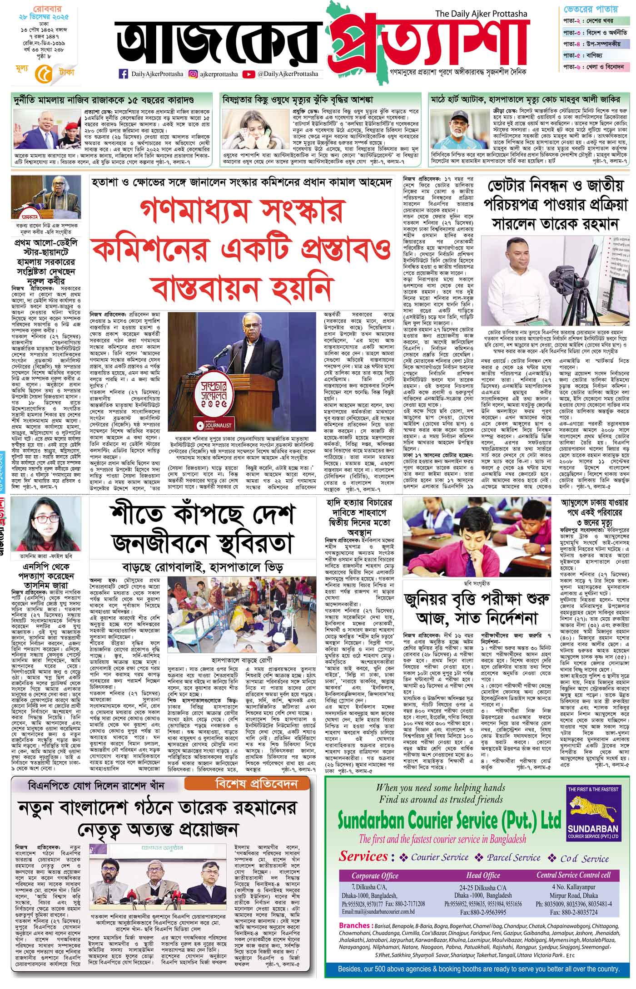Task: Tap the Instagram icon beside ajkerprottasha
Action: point(193,74)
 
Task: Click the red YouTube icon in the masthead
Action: point(248,74)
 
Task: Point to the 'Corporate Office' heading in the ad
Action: point(375,876)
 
